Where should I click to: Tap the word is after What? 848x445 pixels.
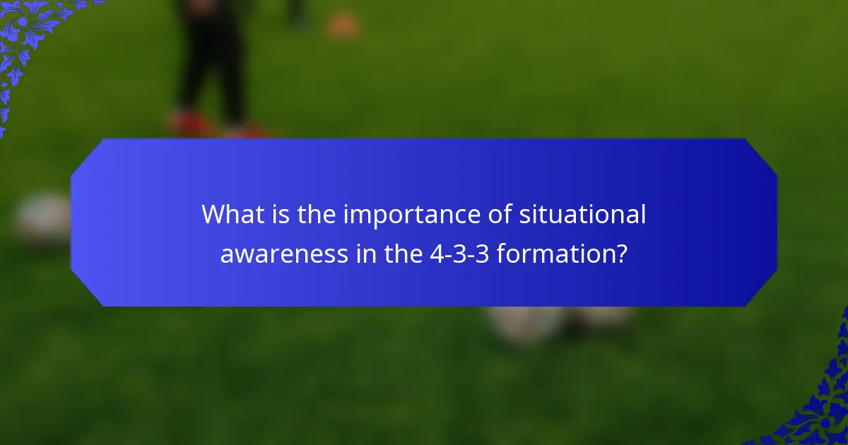coord(278,214)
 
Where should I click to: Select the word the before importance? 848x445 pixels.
coord(317,214)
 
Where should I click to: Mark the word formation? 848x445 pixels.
coord(553,254)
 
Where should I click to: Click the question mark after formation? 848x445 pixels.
coord(620,254)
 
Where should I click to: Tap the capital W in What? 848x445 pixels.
coord(214,214)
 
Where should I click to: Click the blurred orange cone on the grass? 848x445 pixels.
coord(342,25)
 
